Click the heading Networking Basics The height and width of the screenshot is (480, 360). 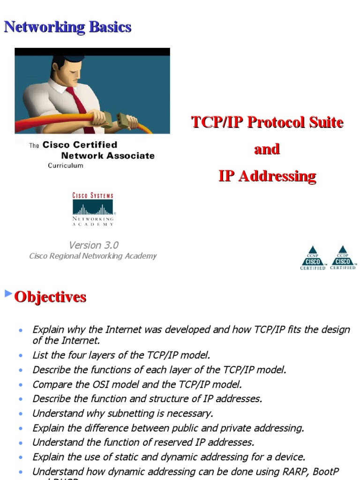[x=67, y=27]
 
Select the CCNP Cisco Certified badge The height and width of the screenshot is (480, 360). [x=313, y=258]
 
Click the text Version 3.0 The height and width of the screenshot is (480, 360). [x=94, y=245]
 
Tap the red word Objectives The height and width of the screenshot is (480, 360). [x=50, y=297]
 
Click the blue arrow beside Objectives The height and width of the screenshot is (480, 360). [x=8, y=294]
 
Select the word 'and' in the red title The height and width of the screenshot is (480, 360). [x=267, y=150]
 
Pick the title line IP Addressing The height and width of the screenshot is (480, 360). [x=267, y=176]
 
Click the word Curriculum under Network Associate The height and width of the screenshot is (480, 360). [x=66, y=165]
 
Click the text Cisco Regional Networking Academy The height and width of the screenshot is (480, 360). [x=93, y=256]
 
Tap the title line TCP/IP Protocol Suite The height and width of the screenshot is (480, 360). [x=267, y=123]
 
